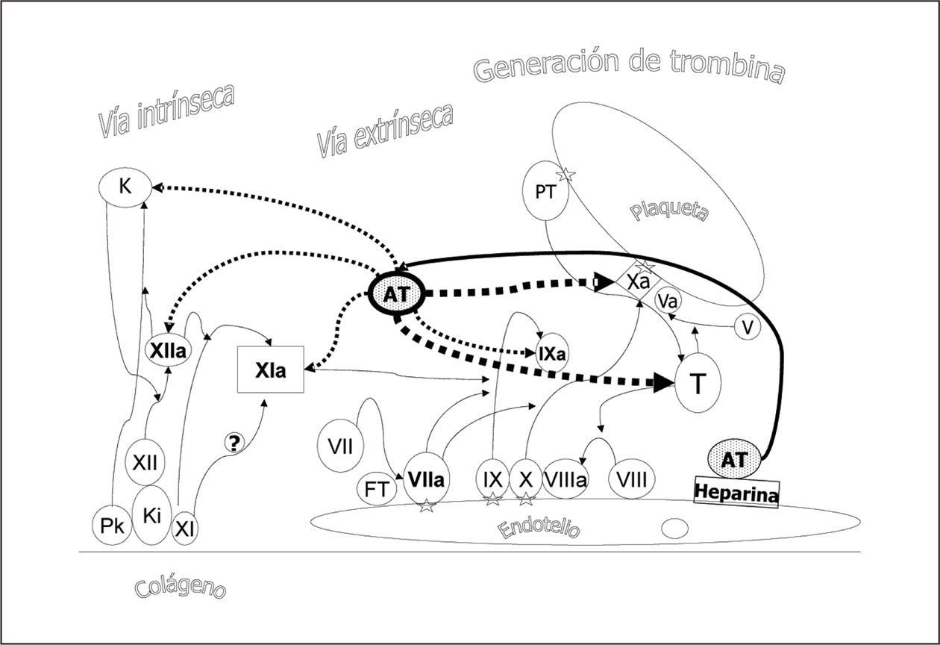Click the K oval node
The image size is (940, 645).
[125, 187]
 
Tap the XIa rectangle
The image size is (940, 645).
[270, 370]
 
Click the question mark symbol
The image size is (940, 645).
[234, 443]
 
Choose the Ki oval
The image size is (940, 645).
[152, 515]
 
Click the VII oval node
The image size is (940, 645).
[340, 448]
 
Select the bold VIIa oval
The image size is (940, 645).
[426, 481]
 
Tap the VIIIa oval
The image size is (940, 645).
[565, 479]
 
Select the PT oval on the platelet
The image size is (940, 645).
[545, 192]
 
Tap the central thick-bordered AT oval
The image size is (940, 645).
[396, 294]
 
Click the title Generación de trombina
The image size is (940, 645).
[629, 67]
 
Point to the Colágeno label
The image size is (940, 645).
[181, 586]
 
